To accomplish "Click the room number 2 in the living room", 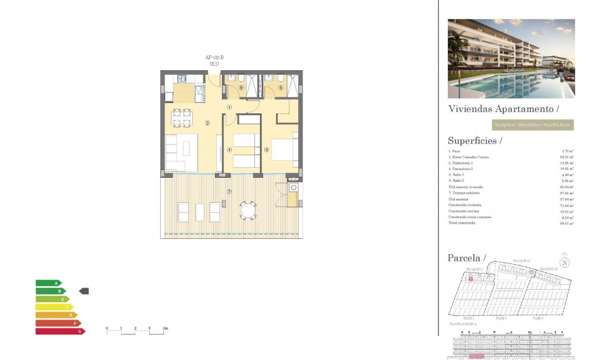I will (207, 123).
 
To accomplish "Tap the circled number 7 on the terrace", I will (229, 192).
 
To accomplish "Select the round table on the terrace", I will (248, 210).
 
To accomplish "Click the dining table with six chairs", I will (182, 118).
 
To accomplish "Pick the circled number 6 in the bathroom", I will (241, 88).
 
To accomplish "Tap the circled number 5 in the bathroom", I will (280, 88).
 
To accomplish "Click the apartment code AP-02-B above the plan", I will (214, 58).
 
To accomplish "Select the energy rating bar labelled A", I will (49, 283).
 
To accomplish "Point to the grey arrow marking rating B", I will (84, 291).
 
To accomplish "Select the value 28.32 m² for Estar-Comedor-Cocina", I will (566, 157).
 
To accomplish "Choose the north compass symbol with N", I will (564, 263).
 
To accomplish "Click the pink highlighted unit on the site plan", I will (471, 279).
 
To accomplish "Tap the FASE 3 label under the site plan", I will (537, 318).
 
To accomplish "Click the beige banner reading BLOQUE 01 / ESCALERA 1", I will (532, 125).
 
